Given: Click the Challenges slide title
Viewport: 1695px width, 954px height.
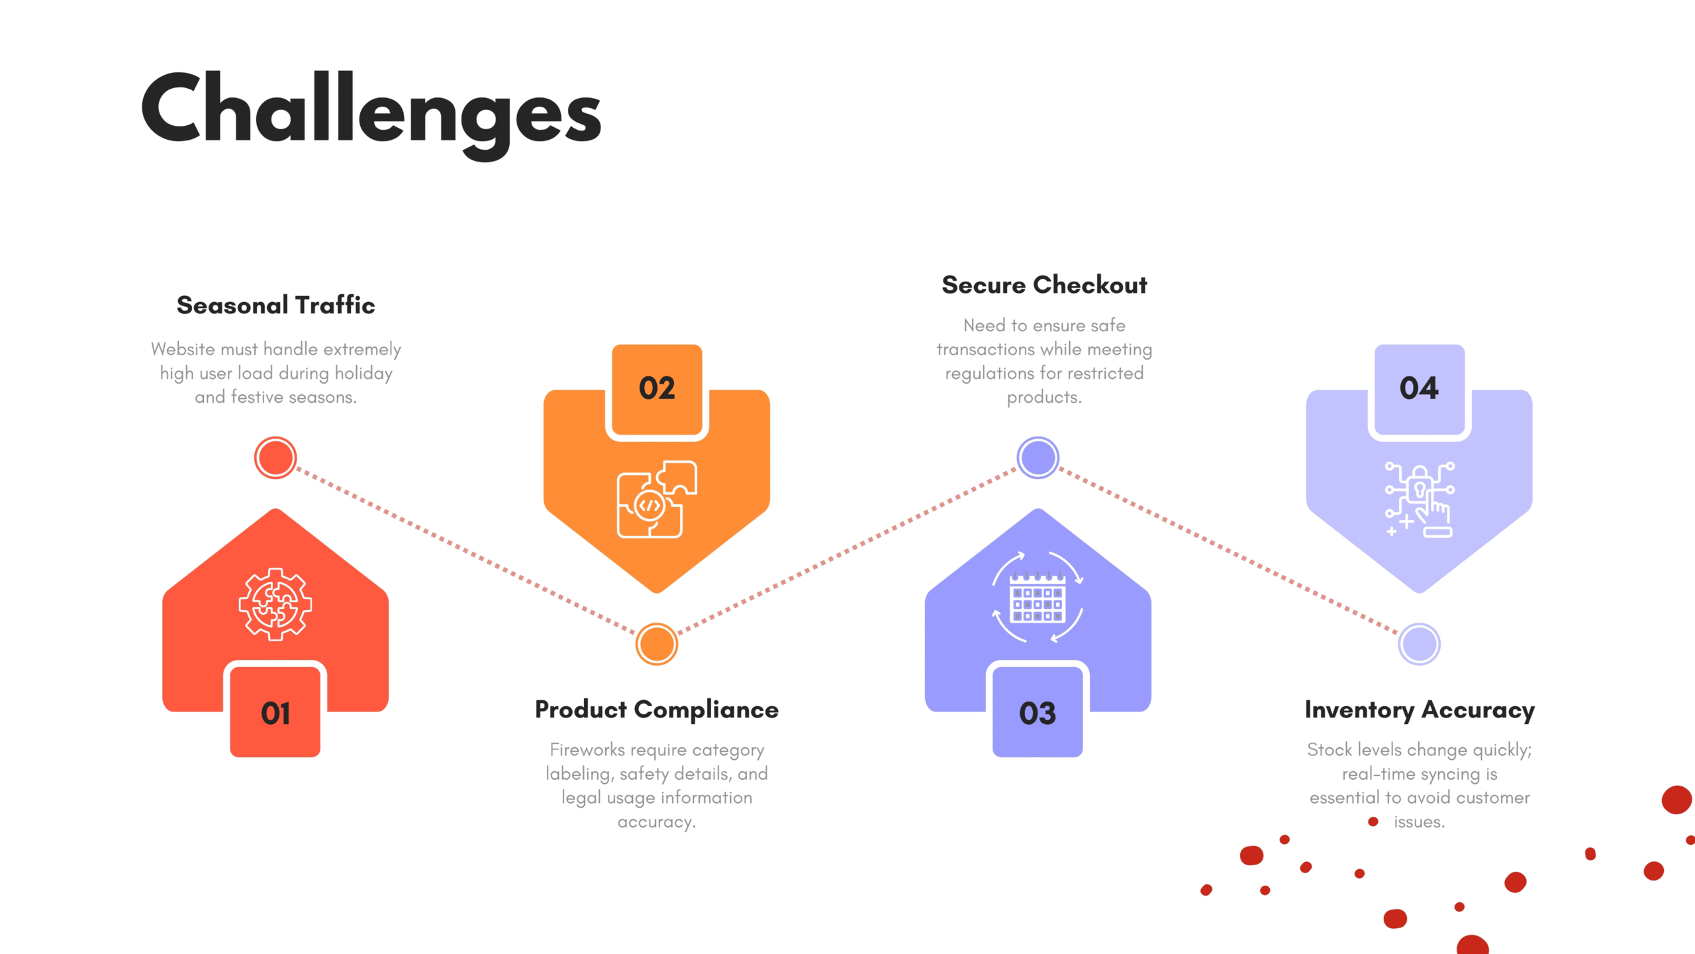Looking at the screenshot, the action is tap(371, 113).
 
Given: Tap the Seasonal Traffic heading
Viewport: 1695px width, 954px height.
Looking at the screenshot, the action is tap(275, 305).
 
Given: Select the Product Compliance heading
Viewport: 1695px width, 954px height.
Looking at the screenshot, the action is tap(657, 710).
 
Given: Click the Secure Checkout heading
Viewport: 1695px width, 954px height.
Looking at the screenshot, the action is tap(1044, 285).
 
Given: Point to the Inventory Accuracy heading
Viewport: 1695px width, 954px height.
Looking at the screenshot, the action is tap(1420, 710).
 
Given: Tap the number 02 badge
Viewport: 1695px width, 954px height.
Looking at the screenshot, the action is tap(657, 389).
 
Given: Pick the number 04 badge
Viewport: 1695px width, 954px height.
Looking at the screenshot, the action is tap(1420, 389).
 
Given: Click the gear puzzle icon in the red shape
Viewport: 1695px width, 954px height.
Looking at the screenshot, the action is tap(275, 604).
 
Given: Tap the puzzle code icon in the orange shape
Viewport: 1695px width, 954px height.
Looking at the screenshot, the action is tap(657, 499).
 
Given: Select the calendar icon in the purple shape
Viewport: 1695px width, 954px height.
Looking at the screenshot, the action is tap(1038, 598).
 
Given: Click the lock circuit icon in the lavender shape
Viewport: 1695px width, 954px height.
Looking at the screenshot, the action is tap(1420, 499).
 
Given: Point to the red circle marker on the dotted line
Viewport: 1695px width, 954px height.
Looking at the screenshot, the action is tap(275, 458).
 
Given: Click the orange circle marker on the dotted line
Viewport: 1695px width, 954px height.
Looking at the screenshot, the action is tap(657, 644).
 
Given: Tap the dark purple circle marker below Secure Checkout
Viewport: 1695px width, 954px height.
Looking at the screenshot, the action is tap(1038, 458).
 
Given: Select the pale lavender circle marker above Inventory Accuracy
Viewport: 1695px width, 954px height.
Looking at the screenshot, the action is tap(1420, 644).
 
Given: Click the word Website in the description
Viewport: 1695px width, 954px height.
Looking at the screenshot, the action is tap(183, 349).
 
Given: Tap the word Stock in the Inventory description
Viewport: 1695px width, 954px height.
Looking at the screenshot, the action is tap(1330, 750).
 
